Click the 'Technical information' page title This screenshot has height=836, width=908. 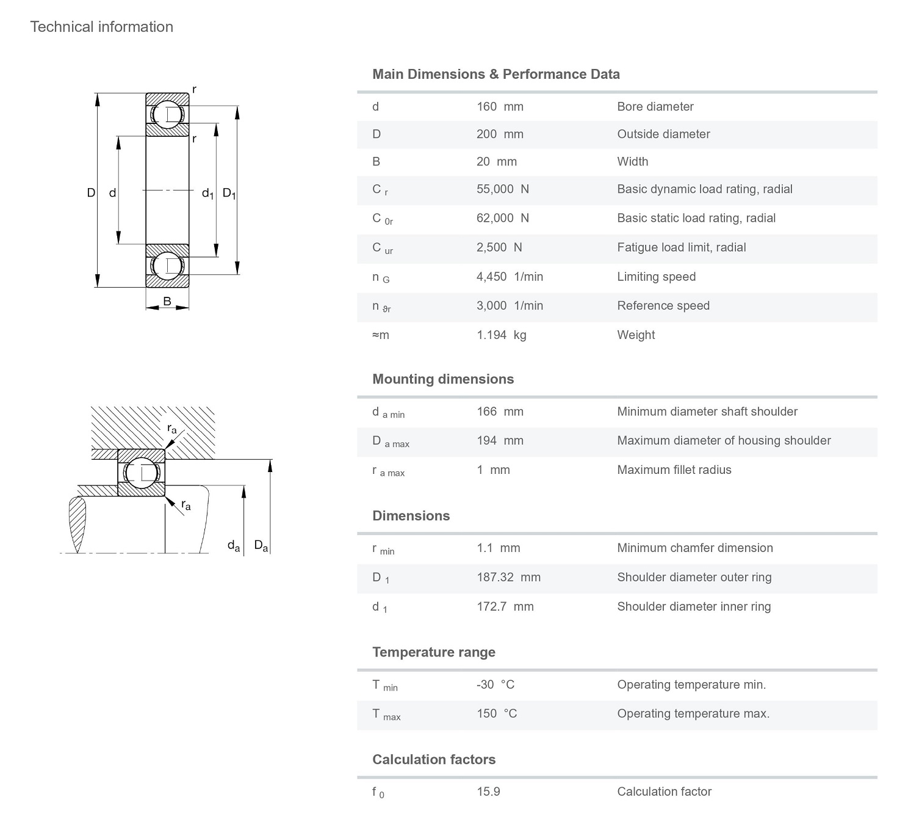tap(101, 27)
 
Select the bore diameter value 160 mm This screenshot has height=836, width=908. tap(499, 107)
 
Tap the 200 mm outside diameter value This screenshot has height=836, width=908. tap(499, 134)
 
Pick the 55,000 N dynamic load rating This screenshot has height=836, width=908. tap(502, 189)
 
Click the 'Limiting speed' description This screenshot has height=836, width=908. tap(656, 277)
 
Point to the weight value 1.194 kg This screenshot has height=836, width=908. tap(501, 335)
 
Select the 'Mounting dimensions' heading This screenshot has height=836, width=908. tap(443, 379)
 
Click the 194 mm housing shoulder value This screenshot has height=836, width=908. tap(499, 441)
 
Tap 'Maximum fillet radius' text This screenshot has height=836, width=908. tap(674, 470)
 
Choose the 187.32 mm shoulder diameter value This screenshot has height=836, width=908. tap(508, 578)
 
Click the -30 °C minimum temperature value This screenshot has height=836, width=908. tap(495, 685)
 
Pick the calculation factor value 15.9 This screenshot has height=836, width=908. tap(488, 792)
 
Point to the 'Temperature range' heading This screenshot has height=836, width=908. tap(433, 652)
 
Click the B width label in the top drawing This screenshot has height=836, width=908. tap(167, 301)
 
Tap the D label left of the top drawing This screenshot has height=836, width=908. tap(91, 193)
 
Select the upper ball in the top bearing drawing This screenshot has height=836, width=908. tap(167, 114)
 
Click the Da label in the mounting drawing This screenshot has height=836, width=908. tap(261, 546)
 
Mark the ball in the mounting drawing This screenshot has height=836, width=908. tap(142, 473)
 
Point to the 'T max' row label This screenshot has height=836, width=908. tap(386, 714)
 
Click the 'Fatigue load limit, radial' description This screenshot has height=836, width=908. tap(681, 248)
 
